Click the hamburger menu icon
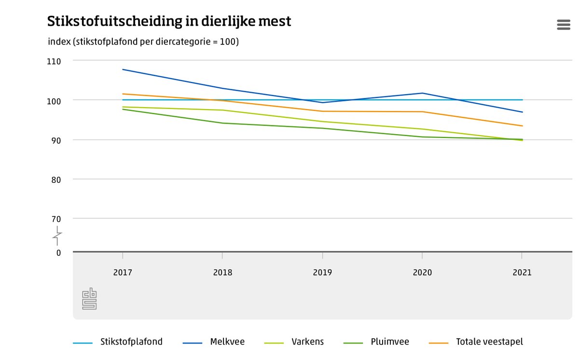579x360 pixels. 564,25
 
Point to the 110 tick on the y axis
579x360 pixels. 54,61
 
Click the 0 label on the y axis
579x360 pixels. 58,252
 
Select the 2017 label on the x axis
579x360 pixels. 123,273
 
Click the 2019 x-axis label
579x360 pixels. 322,273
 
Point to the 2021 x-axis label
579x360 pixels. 522,273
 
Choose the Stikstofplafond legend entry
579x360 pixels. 131,342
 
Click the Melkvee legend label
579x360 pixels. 227,342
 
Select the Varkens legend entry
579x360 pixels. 307,342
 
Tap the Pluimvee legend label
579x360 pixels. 390,342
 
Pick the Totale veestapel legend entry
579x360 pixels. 489,342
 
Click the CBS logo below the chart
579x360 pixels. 89,299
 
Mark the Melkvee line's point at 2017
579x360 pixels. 123,69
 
